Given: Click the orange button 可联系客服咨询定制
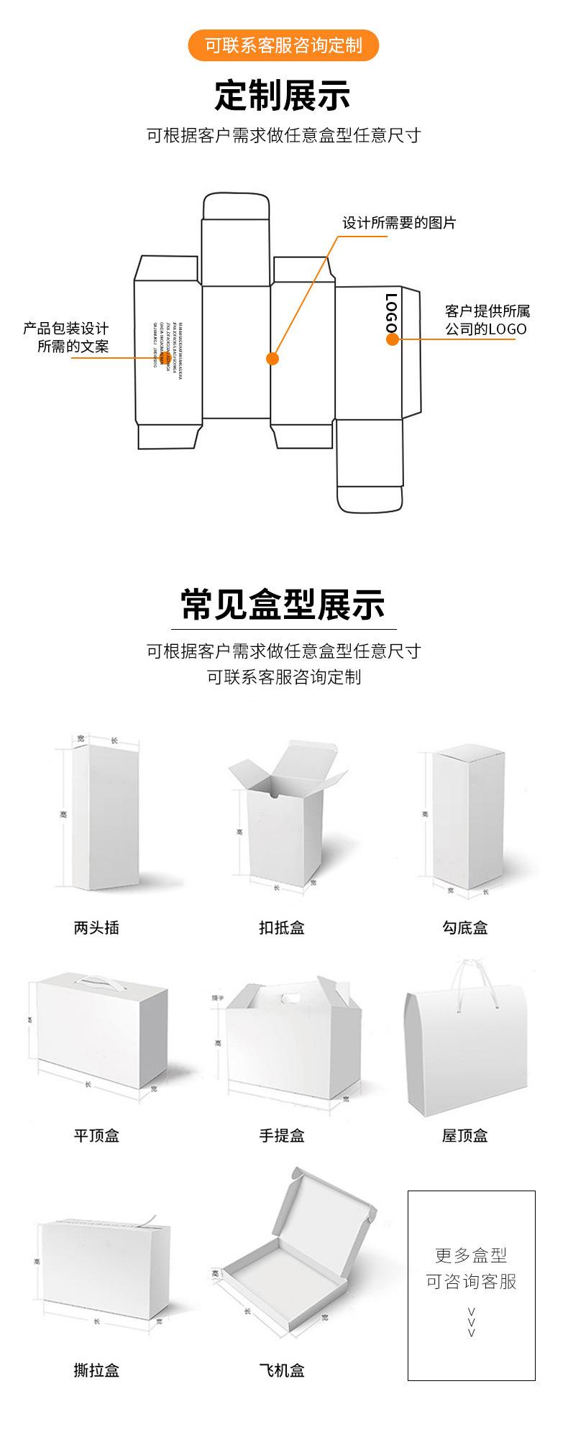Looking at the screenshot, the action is pos(283,46).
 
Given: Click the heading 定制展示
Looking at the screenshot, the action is pos(283,96).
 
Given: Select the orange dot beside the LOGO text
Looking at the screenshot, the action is pos(392,339).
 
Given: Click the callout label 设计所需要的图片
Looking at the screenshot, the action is pos(398,223).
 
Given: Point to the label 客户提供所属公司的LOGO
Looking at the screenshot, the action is pos(487,321).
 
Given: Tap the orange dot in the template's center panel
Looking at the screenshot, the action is pos(272,358).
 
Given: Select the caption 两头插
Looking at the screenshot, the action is pos(96,927).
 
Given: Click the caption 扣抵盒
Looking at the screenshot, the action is pos(282,927).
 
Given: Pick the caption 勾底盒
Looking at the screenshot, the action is pos(465,927).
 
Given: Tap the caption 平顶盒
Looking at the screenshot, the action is pos(96,1135).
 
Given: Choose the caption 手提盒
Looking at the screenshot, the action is pos(282,1135).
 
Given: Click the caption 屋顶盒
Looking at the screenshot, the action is pos(465,1135).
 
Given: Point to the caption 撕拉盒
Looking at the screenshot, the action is pos(96,1370).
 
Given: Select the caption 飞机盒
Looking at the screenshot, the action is pos(282,1370).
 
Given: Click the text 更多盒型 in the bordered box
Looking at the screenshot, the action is pos(471,1255).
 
